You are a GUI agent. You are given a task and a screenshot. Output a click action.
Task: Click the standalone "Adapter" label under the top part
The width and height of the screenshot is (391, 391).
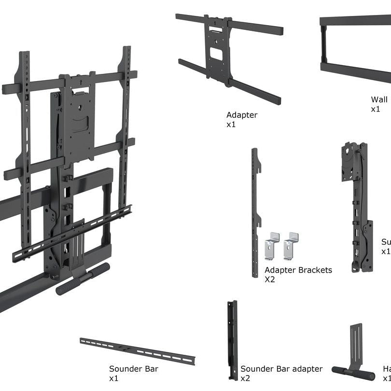[x=242, y=115]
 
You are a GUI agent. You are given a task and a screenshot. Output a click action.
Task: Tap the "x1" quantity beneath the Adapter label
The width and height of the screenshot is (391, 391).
[x=231, y=125]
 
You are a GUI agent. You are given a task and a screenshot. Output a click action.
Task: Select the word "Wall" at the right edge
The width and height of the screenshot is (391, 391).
[x=379, y=99]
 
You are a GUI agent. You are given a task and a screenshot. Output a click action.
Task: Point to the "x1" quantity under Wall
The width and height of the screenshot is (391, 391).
[x=376, y=109]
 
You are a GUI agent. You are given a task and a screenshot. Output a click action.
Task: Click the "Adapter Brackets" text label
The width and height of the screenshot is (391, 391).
[x=298, y=270]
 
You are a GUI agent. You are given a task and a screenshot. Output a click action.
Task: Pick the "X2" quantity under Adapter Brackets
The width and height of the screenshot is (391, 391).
[x=269, y=279]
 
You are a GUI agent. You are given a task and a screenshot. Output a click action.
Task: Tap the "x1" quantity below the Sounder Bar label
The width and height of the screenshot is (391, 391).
[x=114, y=378]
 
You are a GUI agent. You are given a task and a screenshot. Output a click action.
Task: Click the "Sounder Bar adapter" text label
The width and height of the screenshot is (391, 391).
[x=281, y=369]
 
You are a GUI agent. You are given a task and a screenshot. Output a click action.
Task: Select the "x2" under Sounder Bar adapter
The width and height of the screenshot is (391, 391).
[x=245, y=378]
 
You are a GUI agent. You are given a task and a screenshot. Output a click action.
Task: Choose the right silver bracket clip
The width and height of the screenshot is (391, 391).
[x=291, y=245]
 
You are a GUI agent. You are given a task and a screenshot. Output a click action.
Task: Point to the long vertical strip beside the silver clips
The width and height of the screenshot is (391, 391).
[x=255, y=212]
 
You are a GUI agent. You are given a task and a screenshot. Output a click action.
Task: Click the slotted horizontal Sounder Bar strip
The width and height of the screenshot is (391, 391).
[x=138, y=351]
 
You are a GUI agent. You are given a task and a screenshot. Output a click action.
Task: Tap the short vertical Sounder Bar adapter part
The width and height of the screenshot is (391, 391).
[x=232, y=340]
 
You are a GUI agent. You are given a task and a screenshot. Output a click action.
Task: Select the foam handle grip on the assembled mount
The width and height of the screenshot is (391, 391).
[x=83, y=279]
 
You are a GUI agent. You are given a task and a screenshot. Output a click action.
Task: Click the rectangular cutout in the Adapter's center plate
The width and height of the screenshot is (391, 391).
[x=217, y=55]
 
